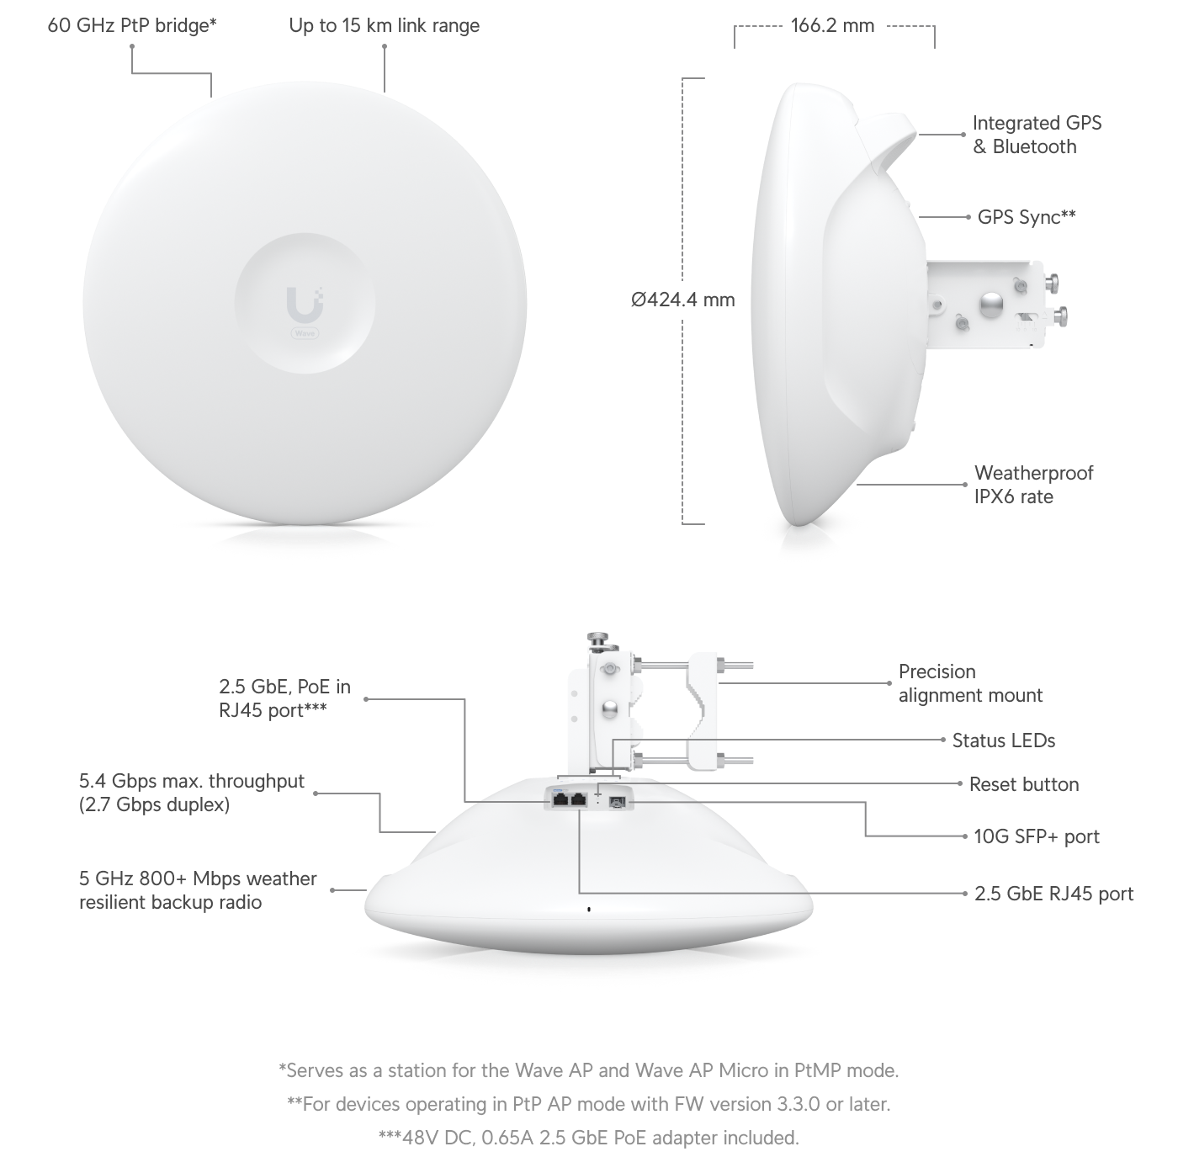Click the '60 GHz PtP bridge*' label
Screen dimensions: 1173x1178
[132, 25]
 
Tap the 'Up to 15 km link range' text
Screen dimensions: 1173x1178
[385, 25]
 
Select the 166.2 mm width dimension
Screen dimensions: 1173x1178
[832, 25]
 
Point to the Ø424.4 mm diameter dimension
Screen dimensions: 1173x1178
[682, 299]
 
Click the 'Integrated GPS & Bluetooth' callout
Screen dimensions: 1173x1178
[1036, 135]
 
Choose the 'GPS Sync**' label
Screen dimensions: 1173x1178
[1027, 217]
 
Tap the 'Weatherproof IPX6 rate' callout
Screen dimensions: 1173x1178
[1033, 485]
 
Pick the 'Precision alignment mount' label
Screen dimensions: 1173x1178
[969, 683]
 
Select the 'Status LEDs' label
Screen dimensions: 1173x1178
[1003, 740]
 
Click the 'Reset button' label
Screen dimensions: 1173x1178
[1023, 784]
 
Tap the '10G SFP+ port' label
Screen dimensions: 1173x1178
[1036, 836]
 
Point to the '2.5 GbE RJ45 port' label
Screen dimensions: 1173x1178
[1053, 894]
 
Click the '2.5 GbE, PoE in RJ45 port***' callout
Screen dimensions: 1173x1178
[284, 698]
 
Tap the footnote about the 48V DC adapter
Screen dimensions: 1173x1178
[589, 1138]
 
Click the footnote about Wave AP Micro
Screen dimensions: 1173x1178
[589, 1070]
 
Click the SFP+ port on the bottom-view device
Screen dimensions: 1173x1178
[617, 800]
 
